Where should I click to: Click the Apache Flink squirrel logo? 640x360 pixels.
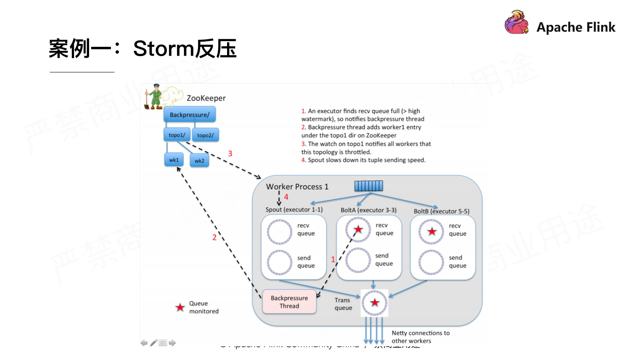pos(517,23)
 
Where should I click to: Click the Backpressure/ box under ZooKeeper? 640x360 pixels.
pos(190,115)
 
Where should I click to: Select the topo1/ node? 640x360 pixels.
pos(177,135)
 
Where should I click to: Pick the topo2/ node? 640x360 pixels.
pos(206,135)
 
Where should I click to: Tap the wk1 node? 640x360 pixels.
pos(174,160)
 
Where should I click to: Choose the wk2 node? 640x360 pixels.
pos(199,161)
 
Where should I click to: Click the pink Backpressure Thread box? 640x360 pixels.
pos(289,302)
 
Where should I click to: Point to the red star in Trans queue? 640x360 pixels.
pos(375,302)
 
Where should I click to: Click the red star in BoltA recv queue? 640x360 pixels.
pos(358,230)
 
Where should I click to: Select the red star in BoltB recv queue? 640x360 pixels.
pos(432,231)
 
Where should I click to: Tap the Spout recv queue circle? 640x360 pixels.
pos(279,232)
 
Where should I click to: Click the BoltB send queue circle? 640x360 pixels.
pos(431,262)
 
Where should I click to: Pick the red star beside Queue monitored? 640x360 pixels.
pos(180,308)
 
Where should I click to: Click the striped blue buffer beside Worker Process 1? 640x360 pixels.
pos(369,186)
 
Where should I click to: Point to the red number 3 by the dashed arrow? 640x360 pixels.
pos(230,153)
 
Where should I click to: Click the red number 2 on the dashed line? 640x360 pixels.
pos(215,237)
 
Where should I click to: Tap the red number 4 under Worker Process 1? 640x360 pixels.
pos(286,197)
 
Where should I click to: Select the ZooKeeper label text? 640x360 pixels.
pos(206,98)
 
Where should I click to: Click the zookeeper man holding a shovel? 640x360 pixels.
pos(154,97)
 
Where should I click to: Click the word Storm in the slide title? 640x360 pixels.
pos(163,48)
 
